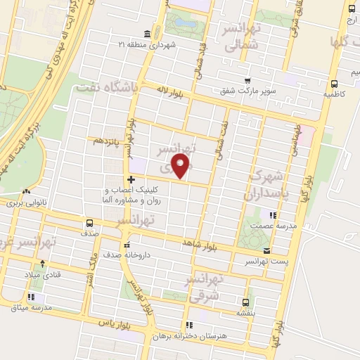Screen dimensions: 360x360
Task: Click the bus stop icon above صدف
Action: tap(89, 222)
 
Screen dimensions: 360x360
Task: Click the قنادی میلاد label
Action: tap(42, 274)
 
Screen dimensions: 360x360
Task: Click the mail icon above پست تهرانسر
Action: tap(265, 251)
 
